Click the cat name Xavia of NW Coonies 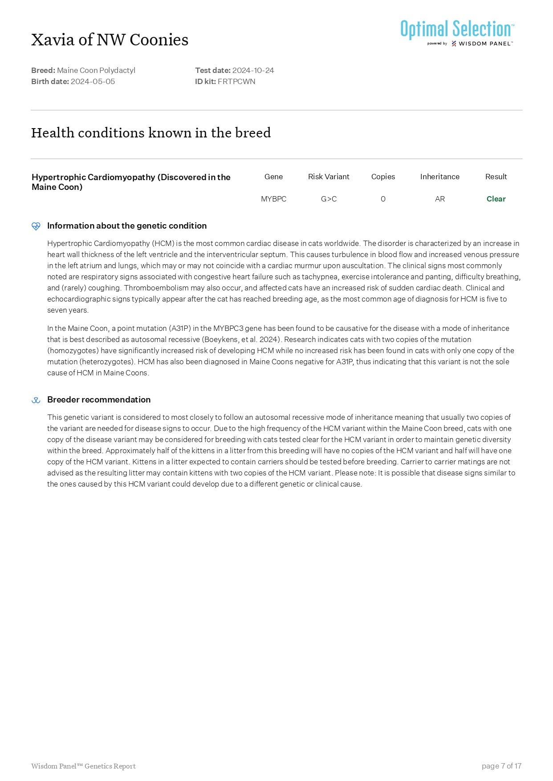pos(110,40)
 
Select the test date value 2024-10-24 pos(253,70)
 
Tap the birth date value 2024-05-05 pos(93,81)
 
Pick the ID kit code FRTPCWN pos(236,81)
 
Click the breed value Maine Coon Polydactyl pos(96,70)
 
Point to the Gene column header pos(273,177)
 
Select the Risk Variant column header pos(329,177)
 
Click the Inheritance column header pos(439,177)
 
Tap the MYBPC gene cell pos(273,199)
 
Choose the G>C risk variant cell pos(329,199)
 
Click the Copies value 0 pos(383,199)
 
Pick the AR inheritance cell pos(439,199)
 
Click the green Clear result pos(496,199)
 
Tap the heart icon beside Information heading pos(36,226)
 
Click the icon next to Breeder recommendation pos(36,400)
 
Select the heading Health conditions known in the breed pos(151,133)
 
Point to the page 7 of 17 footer pos(501,766)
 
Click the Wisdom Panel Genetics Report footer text pos(83,766)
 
